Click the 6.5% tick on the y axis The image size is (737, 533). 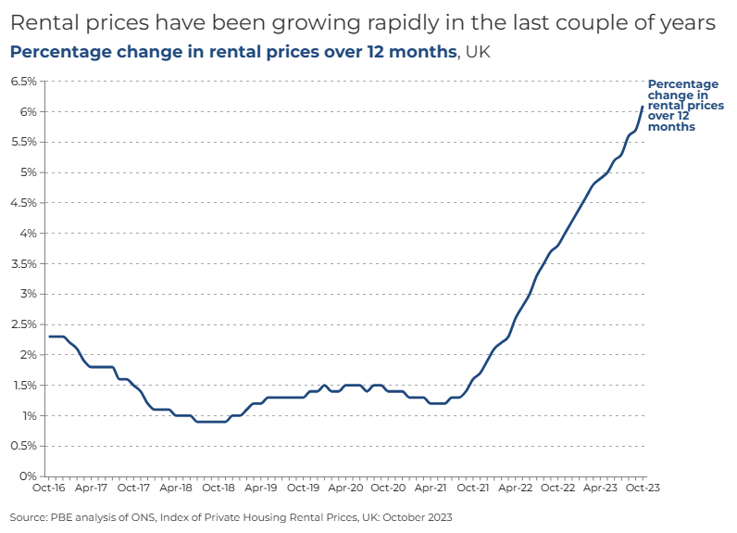23,82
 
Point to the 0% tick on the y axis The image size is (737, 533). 28,476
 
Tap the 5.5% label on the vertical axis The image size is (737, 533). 23,142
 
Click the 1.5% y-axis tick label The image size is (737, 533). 23,386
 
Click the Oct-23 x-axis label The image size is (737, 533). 643,487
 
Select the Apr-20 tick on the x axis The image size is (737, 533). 345,487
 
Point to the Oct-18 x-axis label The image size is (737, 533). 218,487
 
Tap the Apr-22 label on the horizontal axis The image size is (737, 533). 516,487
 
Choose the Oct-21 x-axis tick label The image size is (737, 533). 473,487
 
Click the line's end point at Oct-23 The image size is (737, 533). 643,107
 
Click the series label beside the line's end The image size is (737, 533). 684,106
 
